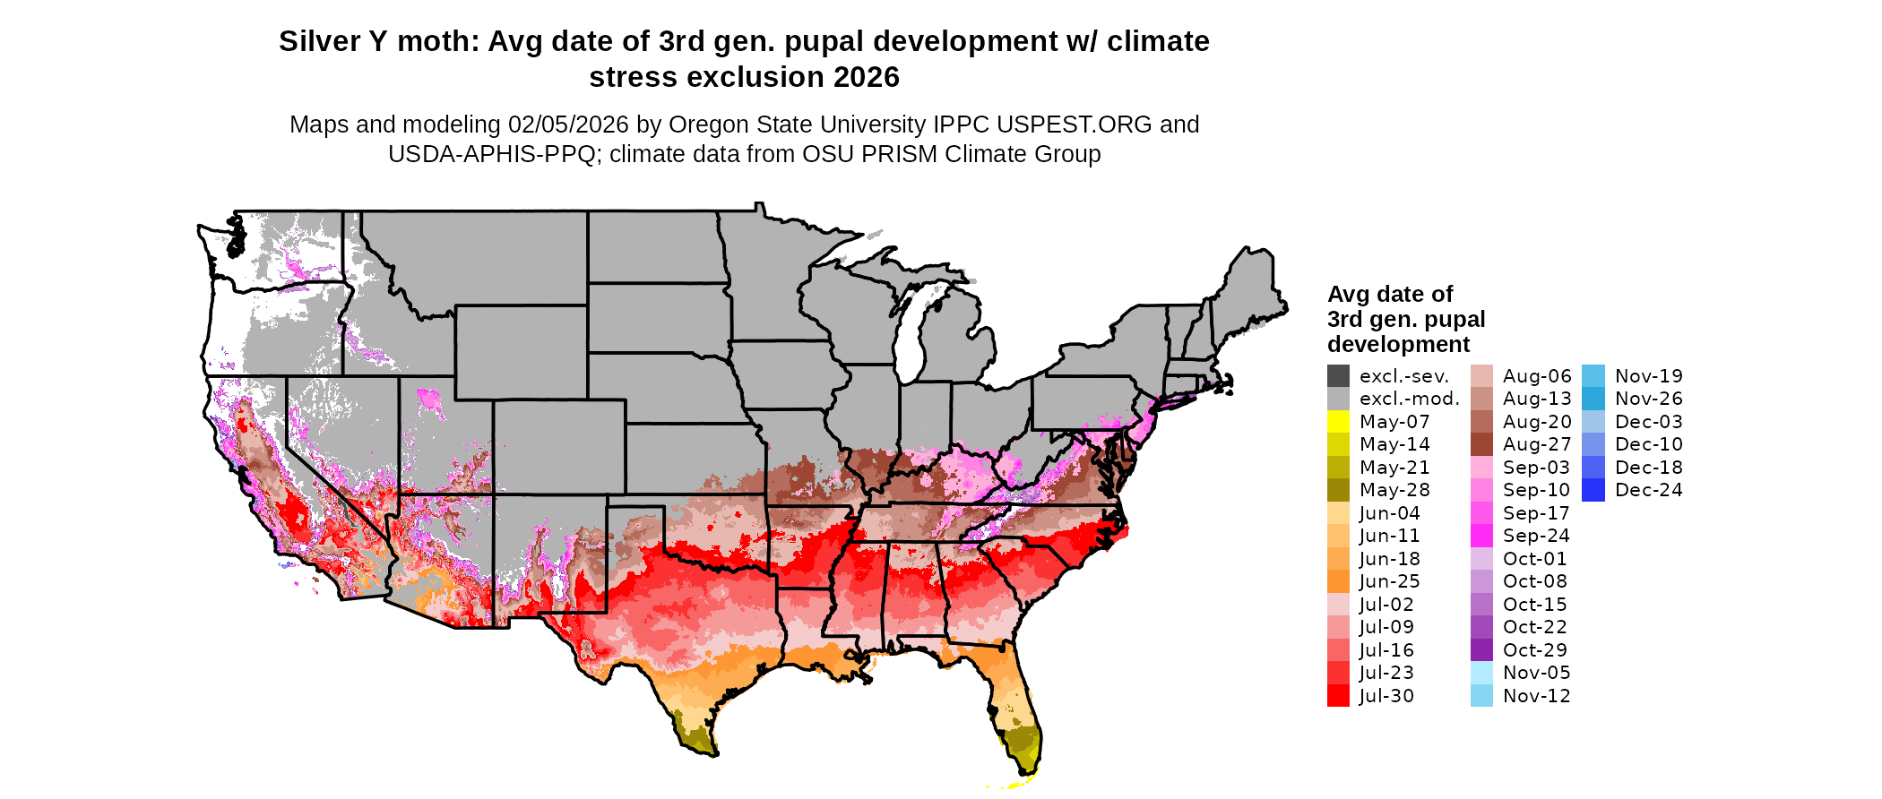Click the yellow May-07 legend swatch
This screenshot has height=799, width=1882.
pyautogui.click(x=1338, y=422)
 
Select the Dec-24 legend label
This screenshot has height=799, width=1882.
pyautogui.click(x=1648, y=490)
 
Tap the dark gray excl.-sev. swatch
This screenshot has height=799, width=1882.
pyautogui.click(x=1338, y=376)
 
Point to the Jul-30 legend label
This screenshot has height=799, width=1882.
pyautogui.click(x=1386, y=696)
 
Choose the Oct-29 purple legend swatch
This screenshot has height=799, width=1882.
pyautogui.click(x=1481, y=650)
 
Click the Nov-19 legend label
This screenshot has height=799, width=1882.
pyautogui.click(x=1648, y=376)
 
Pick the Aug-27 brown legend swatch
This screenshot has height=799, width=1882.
pyautogui.click(x=1481, y=444)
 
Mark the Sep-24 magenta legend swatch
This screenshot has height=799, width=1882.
pyautogui.click(x=1481, y=536)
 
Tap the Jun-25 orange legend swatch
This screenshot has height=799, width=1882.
pyautogui.click(x=1338, y=581)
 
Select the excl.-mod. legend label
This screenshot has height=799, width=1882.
pyautogui.click(x=1409, y=399)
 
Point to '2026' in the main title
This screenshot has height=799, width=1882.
pyautogui.click(x=866, y=77)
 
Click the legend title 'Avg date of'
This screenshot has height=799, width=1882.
pyautogui.click(x=1389, y=294)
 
